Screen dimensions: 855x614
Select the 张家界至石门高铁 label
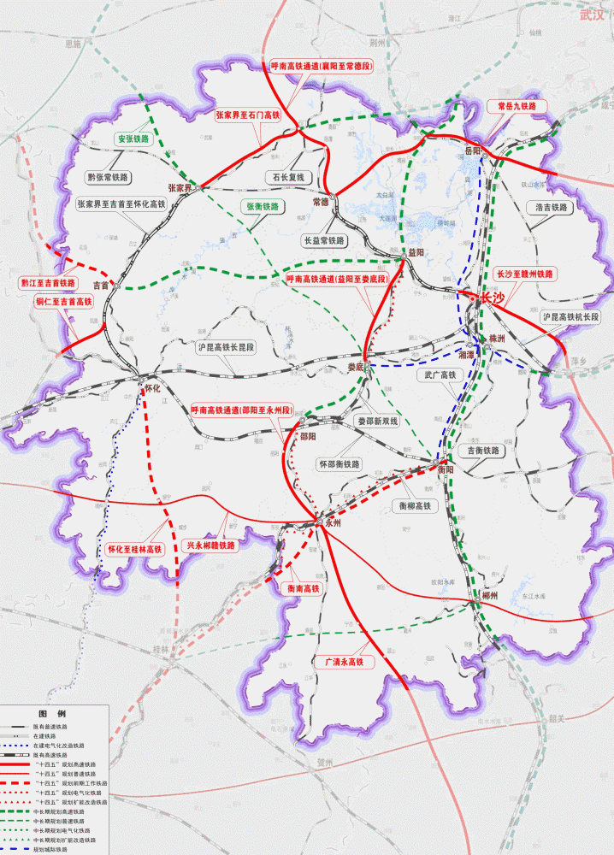[248, 115]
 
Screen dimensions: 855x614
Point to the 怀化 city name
[153, 387]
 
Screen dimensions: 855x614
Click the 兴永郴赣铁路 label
[210, 545]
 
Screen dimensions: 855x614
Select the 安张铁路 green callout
[133, 139]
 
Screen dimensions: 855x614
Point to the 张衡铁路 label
[263, 207]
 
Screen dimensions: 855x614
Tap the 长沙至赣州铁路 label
[526, 274]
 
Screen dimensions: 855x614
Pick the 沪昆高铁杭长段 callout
[570, 316]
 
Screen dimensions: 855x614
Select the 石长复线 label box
[288, 178]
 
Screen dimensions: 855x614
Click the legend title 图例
[51, 713]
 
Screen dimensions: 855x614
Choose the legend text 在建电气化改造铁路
[59, 746]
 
